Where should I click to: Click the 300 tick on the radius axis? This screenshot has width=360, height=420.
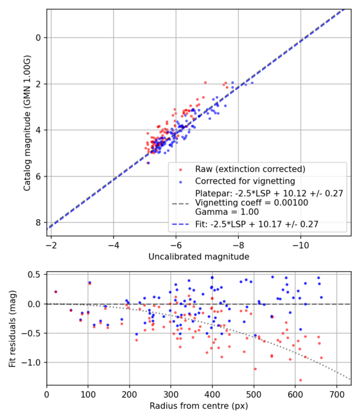tap(171, 397)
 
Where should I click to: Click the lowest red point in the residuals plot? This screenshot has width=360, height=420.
tap(300, 380)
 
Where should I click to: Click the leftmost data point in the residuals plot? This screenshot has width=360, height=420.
tap(55, 292)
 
